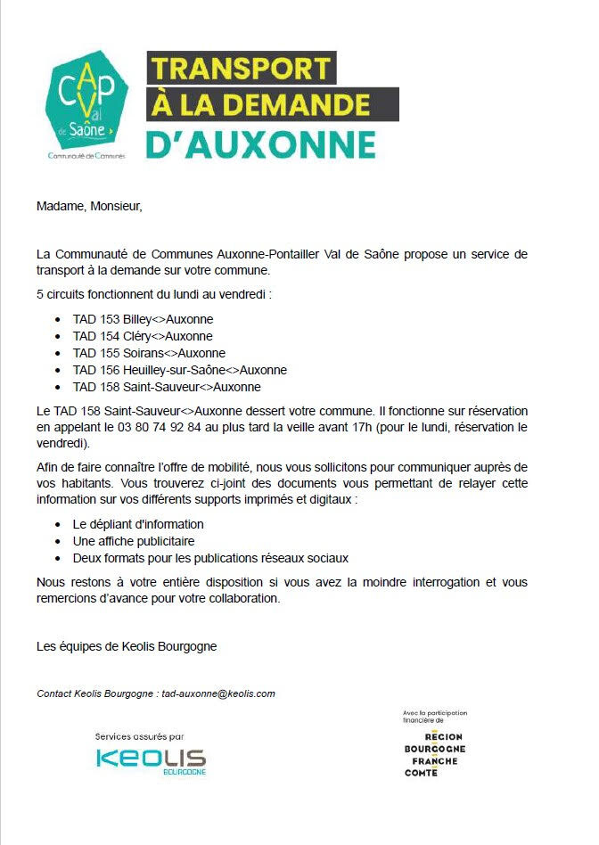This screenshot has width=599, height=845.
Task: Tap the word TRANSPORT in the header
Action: (x=241, y=68)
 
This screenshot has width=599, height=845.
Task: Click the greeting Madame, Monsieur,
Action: (x=89, y=207)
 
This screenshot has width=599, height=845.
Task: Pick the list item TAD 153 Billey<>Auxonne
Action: (x=143, y=319)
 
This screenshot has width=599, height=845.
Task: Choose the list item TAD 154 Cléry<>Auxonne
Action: (x=143, y=336)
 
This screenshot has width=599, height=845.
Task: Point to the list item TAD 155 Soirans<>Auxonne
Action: (x=149, y=353)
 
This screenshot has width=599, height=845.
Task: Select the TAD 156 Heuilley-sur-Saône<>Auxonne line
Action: (x=179, y=370)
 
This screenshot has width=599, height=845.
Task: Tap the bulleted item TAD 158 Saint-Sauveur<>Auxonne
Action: (x=167, y=387)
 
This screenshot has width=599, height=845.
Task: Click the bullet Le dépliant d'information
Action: (x=138, y=524)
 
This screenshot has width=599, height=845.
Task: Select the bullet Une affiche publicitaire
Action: (x=134, y=541)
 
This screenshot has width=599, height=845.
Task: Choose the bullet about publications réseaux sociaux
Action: (x=210, y=558)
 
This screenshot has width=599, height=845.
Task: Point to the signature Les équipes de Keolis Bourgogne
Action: (x=126, y=646)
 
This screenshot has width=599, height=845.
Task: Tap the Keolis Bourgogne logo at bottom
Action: (x=151, y=760)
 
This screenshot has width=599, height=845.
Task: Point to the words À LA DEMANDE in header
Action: (x=273, y=104)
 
